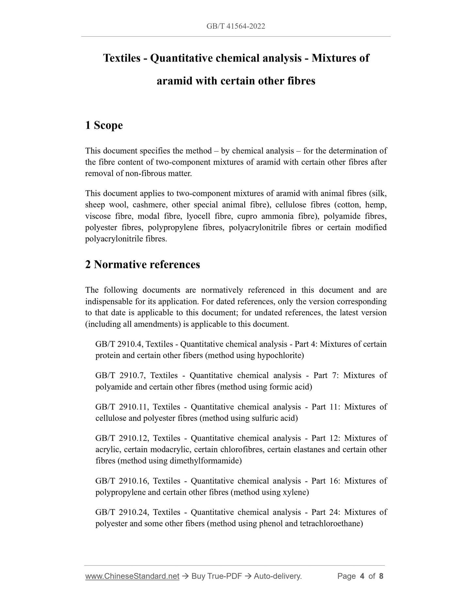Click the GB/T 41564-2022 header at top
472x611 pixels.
tap(236, 26)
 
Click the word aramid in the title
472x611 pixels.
tap(174, 81)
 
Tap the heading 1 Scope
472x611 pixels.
tap(104, 125)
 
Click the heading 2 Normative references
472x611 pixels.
tap(142, 264)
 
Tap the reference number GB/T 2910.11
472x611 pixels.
tap(122, 407)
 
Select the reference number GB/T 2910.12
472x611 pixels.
tap(122, 438)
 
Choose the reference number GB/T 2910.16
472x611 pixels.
tap(122, 481)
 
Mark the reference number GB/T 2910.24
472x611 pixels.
tap(122, 512)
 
